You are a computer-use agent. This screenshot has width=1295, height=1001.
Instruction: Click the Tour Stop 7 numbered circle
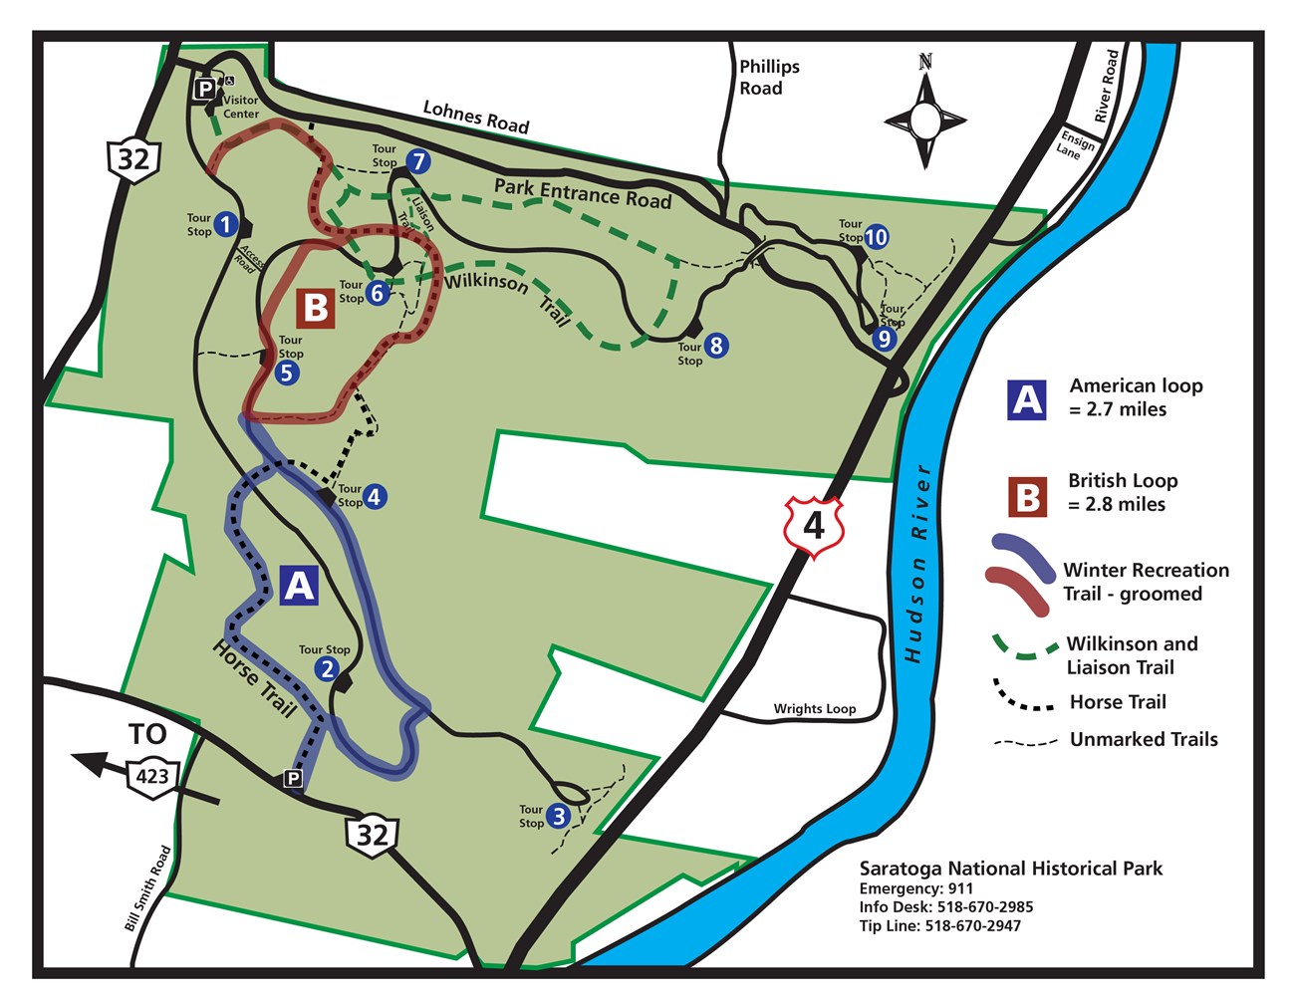(x=417, y=161)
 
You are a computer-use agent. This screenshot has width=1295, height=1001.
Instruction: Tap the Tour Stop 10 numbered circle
(x=876, y=237)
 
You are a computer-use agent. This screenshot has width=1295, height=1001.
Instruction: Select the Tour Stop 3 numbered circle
(x=559, y=817)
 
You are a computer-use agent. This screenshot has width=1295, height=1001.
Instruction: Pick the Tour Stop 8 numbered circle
(x=715, y=346)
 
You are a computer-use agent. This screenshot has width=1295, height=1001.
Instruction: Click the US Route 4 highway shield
(x=814, y=524)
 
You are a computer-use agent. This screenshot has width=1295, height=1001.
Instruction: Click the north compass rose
(x=925, y=121)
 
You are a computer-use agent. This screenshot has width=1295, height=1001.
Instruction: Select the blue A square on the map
(x=299, y=586)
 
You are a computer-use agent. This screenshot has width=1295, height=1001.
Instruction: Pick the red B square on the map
(x=316, y=308)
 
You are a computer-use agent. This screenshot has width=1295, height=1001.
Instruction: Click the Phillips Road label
(x=768, y=78)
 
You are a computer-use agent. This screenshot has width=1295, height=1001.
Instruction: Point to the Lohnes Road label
(x=476, y=117)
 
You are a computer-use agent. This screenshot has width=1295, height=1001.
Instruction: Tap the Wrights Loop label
(x=814, y=709)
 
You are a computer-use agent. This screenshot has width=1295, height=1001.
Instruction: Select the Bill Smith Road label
(x=148, y=889)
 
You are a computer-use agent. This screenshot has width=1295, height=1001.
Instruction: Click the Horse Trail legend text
(x=1117, y=702)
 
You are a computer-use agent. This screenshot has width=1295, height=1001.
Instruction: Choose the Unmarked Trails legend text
(x=1144, y=739)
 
